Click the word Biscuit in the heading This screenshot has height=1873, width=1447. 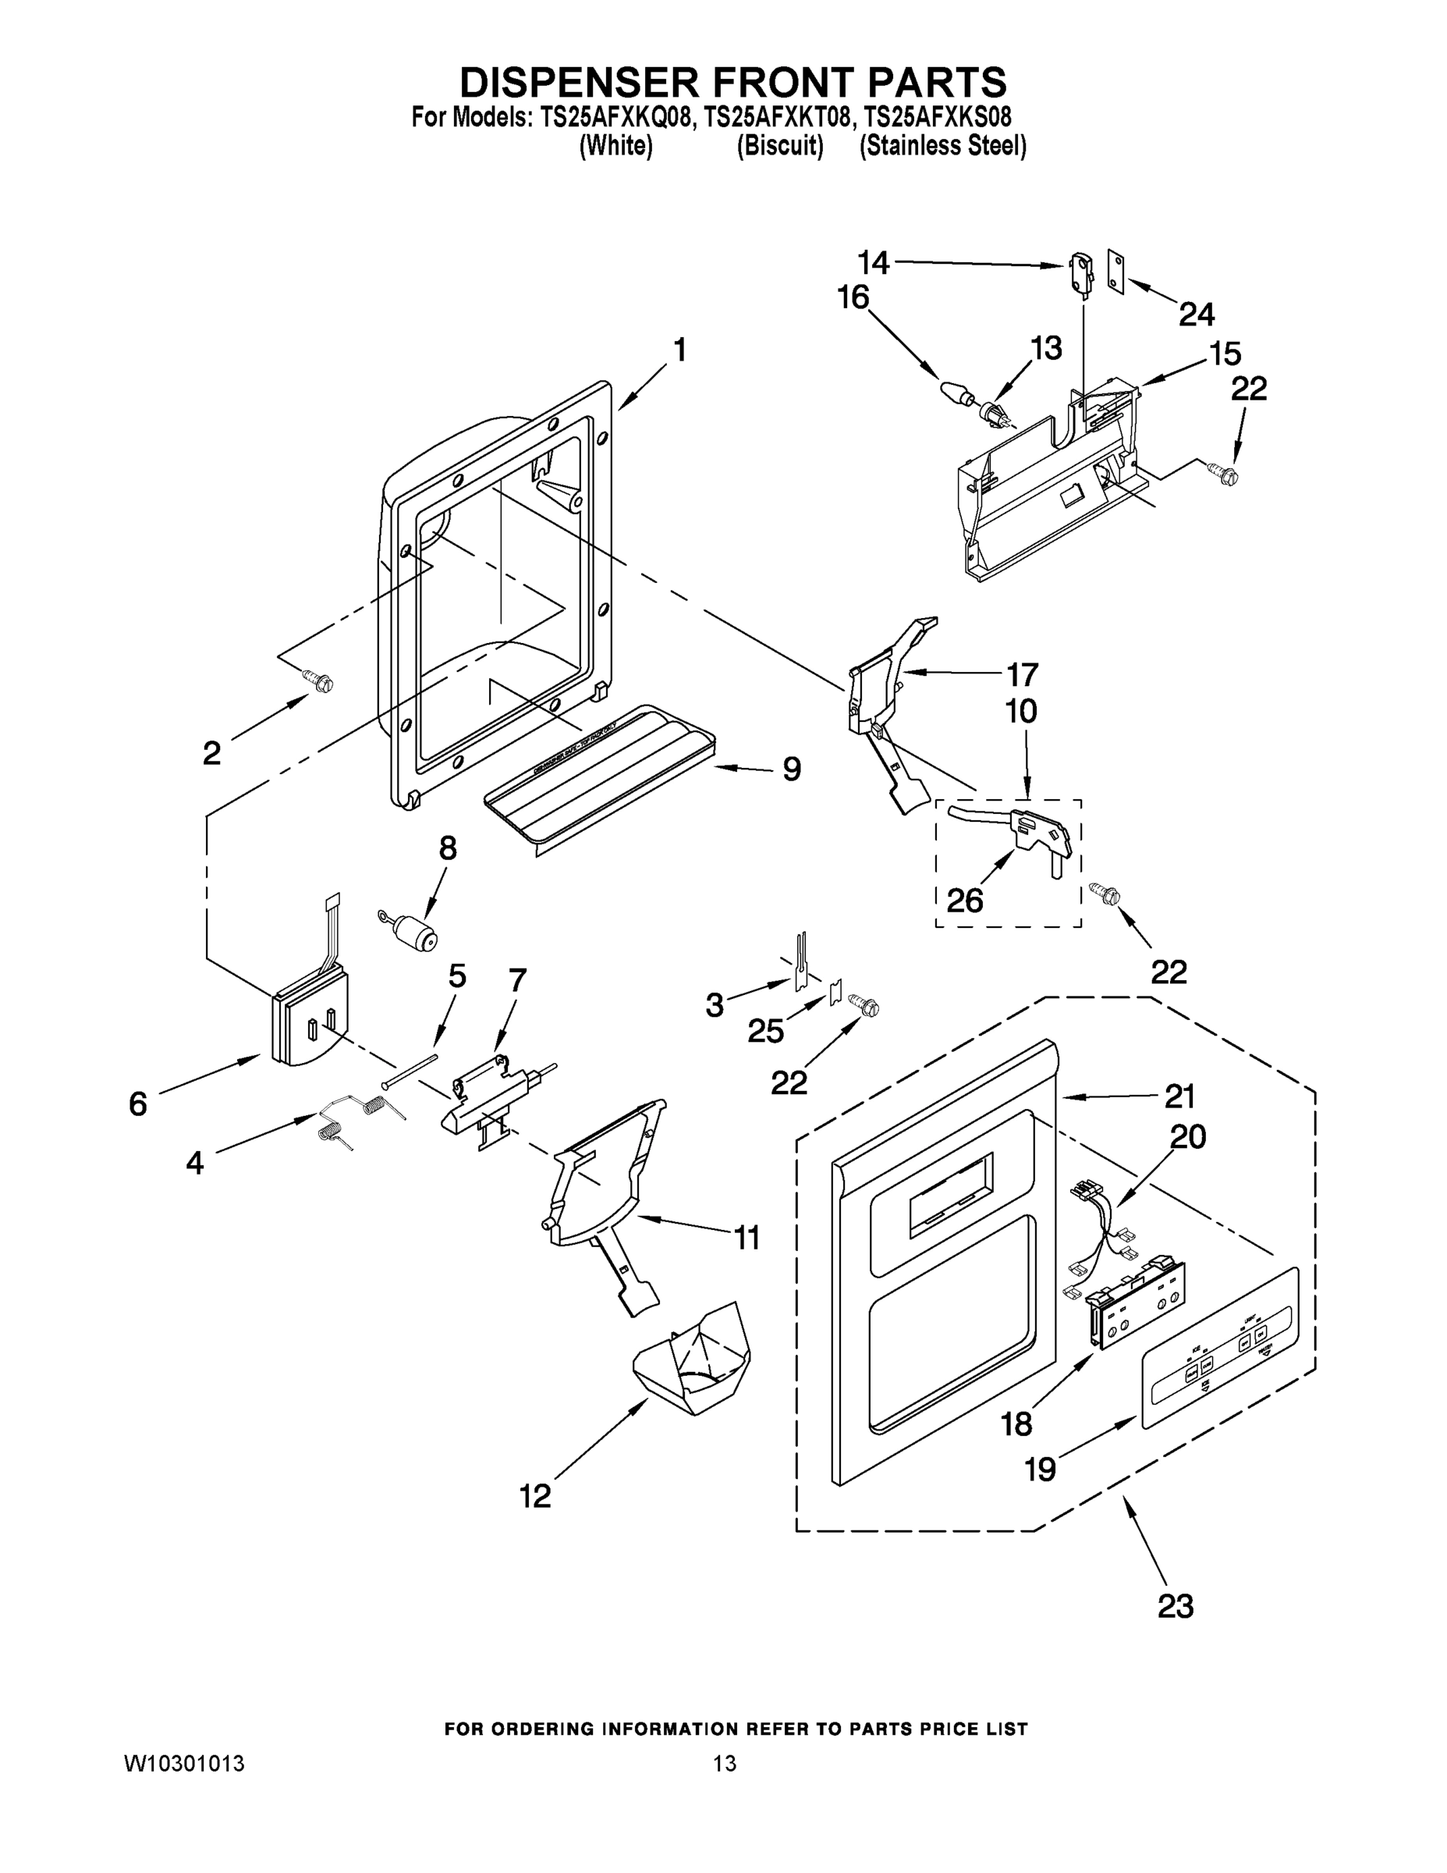point(780,146)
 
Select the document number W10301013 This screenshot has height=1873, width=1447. point(184,1764)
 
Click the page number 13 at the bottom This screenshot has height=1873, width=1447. point(725,1764)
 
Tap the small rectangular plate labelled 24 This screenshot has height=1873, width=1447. point(1115,272)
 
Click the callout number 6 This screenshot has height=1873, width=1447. point(138,1104)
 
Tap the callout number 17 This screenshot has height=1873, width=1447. point(1022,675)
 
